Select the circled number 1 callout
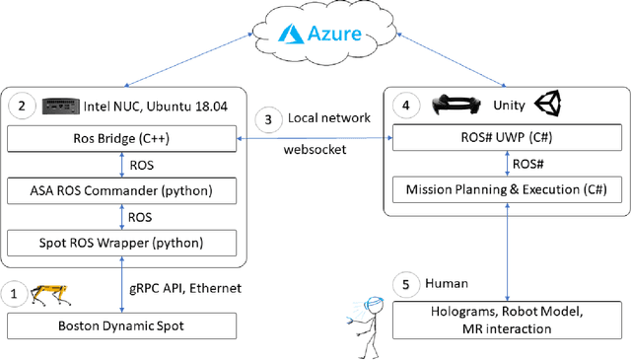14,293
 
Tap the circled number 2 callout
21,104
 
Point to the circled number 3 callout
268,120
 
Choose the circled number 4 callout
403,104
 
